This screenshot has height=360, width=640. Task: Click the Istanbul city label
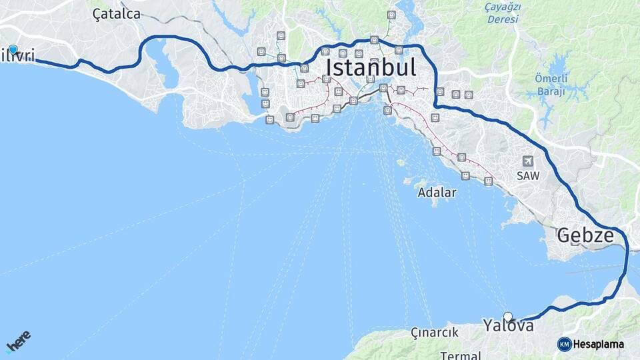coord(371,67)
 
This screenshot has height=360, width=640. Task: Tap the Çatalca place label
coord(117,14)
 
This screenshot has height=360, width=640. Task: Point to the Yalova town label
coord(509,326)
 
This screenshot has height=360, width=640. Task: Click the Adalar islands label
coord(437,193)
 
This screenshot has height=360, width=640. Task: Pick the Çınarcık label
coord(434,332)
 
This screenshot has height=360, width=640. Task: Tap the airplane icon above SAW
coord(528,161)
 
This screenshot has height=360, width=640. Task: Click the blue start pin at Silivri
coord(13,49)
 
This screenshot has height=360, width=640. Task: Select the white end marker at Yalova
coord(508,317)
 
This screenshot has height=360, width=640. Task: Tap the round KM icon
coord(564,344)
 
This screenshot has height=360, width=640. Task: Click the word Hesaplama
coord(598,344)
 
